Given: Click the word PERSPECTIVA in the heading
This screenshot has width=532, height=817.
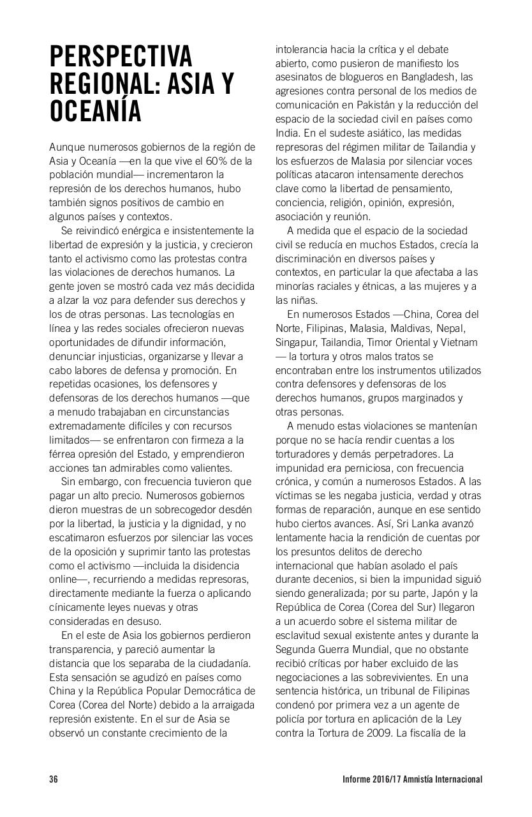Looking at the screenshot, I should pos(121,57).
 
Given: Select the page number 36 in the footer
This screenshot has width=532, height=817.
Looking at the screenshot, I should pos(54,779).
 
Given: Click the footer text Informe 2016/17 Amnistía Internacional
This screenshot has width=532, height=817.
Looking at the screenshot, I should pos(411,779).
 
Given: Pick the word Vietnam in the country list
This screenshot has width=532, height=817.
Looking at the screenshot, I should pos(459,343).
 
